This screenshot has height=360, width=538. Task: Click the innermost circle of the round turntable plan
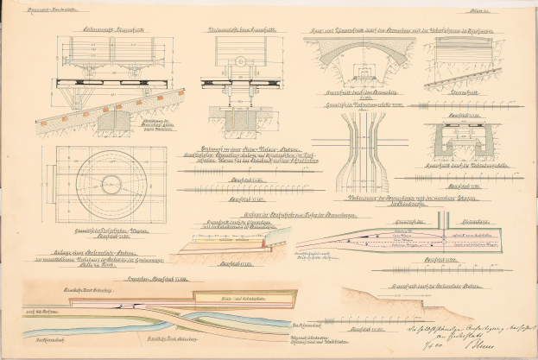(111, 183)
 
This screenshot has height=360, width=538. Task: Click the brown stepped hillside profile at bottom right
(380, 302)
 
